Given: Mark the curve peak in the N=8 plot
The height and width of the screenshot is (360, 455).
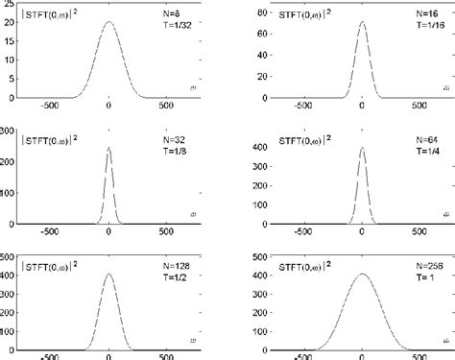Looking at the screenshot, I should pos(108,22).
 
